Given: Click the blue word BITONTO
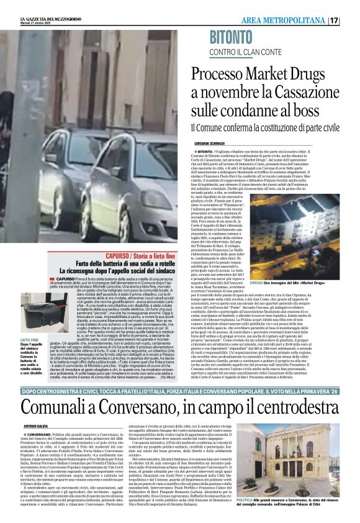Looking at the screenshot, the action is click(240, 37).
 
